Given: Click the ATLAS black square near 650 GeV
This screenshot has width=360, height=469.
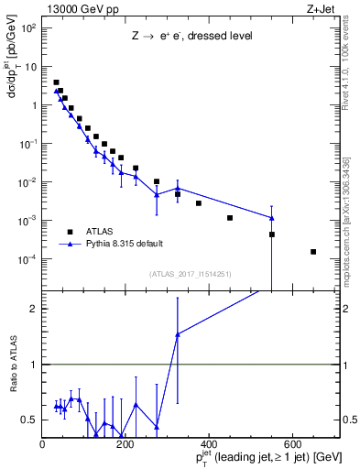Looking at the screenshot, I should pyautogui.click(x=313, y=252).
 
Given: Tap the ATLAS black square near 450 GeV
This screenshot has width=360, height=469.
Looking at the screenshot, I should pyautogui.click(x=230, y=218).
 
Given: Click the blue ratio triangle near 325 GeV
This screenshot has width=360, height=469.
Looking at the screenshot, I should pyautogui.click(x=178, y=334).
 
